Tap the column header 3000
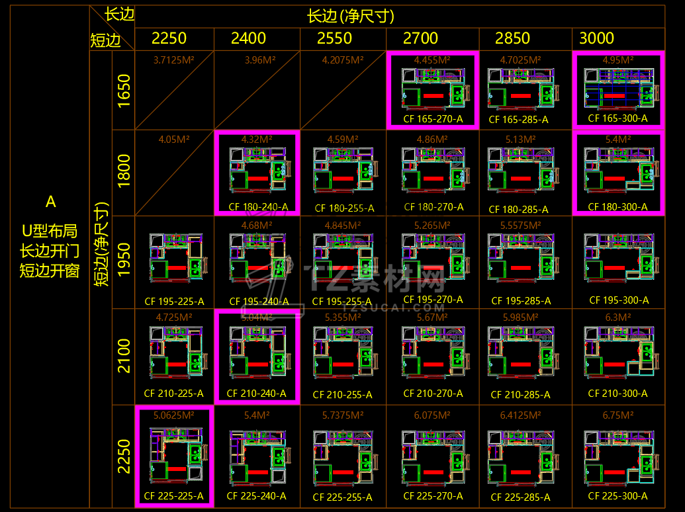596,38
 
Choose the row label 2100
124,356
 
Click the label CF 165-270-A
433,119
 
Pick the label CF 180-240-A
257,206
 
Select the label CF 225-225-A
173,496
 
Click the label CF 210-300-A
618,394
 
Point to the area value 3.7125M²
173,60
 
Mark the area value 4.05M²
174,140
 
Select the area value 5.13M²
520,140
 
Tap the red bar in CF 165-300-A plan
614,96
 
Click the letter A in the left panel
50,201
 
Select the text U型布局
50,231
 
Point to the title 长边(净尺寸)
351,16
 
